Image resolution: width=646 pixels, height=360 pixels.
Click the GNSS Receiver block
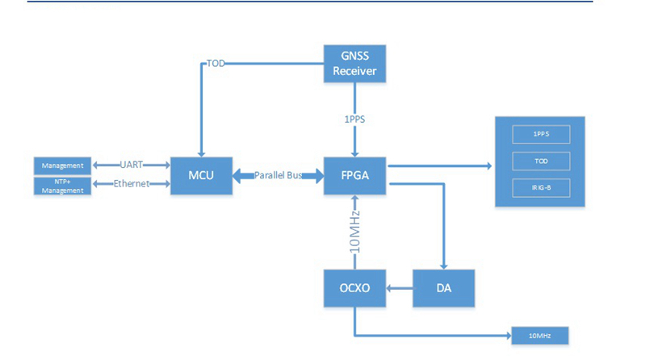355,64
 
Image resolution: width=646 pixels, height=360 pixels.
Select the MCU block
202,174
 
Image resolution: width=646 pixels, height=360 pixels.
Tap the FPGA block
355,174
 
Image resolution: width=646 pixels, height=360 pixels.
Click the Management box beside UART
64,165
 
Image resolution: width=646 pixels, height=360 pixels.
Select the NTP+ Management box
64,186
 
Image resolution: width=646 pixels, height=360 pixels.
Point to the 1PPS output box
541,134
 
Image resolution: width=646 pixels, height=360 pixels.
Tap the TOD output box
541,161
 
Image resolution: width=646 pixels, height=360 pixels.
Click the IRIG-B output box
541,188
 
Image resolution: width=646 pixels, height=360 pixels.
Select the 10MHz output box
540,336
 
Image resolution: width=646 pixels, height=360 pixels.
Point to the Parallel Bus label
279,175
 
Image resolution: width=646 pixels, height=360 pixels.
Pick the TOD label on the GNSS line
216,63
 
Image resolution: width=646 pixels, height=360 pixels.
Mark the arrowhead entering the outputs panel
488,166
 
